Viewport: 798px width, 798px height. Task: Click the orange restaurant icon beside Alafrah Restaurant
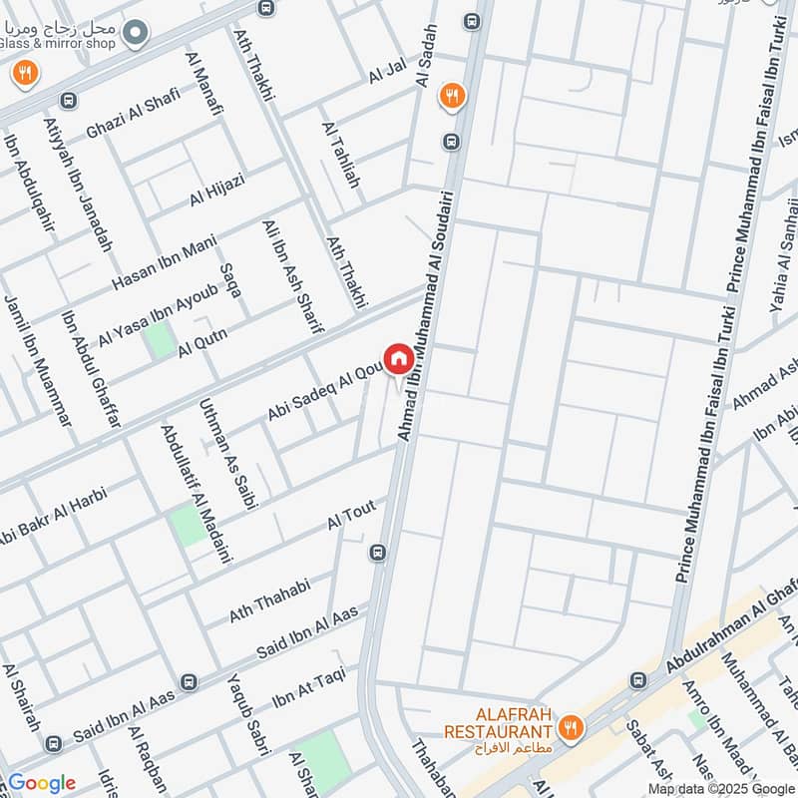pyautogui.click(x=571, y=727)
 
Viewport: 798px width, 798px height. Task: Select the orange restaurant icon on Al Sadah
pyautogui.click(x=453, y=96)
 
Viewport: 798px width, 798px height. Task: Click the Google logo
pyautogui.click(x=41, y=783)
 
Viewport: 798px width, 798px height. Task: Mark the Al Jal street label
pyautogui.click(x=388, y=71)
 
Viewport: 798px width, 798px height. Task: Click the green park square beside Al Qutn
pyautogui.click(x=160, y=340)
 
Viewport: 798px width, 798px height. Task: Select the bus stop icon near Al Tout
pyautogui.click(x=378, y=553)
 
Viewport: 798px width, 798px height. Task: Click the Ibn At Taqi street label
pyautogui.click(x=308, y=682)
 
